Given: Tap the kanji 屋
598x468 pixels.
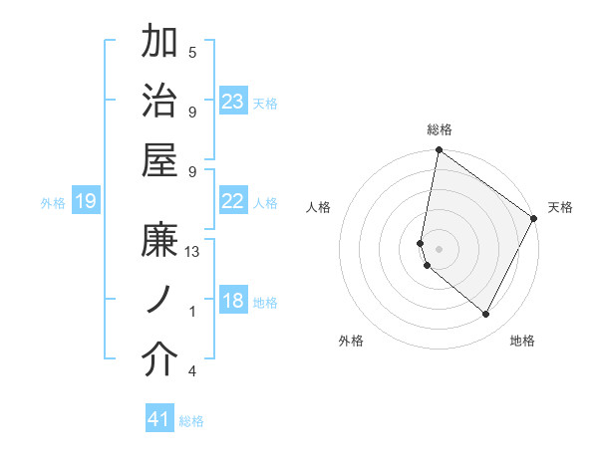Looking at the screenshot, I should tap(160, 159).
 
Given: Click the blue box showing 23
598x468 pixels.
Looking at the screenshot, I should tap(233, 101).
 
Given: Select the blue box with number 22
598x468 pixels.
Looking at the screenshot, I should tap(233, 201).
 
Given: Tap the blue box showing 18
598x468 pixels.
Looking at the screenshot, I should tap(233, 302).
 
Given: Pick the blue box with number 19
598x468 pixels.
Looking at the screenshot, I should tap(85, 202).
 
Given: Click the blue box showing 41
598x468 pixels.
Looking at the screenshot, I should tap(159, 419).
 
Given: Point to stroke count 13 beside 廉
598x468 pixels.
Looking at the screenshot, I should tap(192, 252).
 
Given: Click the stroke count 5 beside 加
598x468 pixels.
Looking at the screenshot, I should tap(192, 52).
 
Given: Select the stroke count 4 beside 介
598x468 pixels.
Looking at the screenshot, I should tap(192, 371).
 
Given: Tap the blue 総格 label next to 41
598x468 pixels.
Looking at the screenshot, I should tap(191, 421).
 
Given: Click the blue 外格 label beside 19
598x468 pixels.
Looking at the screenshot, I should tap(53, 203).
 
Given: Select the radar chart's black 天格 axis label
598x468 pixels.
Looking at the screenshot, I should tap(560, 207).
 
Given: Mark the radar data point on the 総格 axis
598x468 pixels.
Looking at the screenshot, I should tap(439, 150).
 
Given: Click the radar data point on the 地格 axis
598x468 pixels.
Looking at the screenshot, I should tap(486, 315).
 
